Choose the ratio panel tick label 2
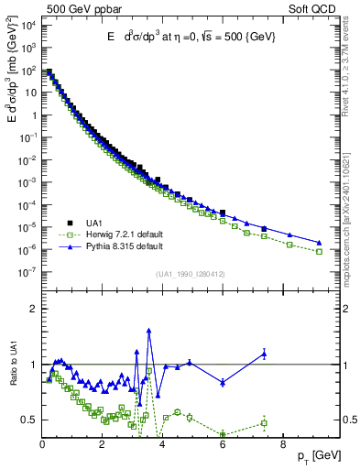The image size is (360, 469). [x=33, y=309]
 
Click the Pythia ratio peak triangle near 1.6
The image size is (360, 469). [x=148, y=331]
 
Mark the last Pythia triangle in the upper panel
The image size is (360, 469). [x=319, y=243]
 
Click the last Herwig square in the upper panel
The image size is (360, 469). [x=319, y=251]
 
